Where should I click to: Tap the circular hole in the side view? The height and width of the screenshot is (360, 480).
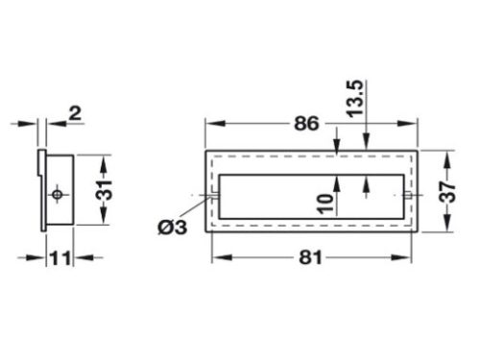(58, 195)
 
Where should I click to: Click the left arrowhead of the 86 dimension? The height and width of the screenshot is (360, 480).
(210, 124)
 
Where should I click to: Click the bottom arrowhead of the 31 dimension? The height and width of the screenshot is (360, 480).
(104, 220)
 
